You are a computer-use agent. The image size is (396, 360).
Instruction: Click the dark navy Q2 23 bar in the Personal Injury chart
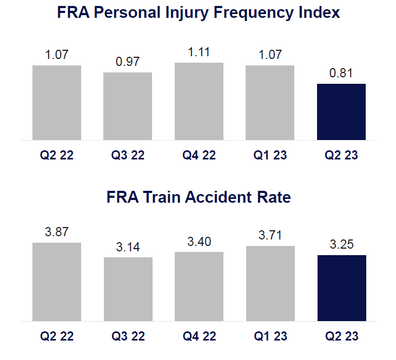341,112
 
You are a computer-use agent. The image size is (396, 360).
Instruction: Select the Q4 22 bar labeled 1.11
199,101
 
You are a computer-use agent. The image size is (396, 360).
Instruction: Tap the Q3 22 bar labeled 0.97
128,106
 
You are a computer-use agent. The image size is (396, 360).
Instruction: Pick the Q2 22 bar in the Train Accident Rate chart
57,282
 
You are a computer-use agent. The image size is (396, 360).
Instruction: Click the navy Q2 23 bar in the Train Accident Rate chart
342,288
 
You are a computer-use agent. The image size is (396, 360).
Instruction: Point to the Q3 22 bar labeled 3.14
128,289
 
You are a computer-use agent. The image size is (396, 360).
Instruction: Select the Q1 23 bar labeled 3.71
270,283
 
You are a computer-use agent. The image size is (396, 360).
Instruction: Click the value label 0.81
341,73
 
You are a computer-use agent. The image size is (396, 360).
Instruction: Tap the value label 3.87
57,232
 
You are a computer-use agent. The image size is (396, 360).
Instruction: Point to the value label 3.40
199,242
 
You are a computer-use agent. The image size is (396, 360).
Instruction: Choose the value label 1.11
199,52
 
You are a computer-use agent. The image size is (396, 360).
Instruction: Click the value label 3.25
341,244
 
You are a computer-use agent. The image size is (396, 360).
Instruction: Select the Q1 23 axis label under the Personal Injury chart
270,155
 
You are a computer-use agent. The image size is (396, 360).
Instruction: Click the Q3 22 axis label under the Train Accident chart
128,336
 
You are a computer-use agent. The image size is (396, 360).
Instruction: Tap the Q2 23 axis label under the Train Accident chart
341,336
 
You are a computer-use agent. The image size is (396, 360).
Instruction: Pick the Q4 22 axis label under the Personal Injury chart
199,155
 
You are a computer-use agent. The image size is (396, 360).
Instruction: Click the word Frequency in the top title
254,13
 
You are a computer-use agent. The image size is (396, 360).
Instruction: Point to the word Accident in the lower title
218,197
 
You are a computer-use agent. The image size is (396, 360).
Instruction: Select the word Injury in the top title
187,13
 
